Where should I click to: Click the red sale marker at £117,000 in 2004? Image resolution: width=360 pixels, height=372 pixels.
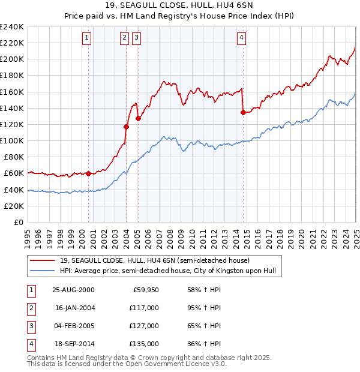127,127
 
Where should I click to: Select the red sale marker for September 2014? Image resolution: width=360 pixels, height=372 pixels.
243,112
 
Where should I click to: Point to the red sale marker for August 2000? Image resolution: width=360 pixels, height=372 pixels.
89,173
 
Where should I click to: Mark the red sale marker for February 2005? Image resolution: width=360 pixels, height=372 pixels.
138,118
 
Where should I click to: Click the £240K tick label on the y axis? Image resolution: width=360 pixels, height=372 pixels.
12,27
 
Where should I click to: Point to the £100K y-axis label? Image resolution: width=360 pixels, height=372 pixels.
12,140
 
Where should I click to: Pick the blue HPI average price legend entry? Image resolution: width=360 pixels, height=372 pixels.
167,271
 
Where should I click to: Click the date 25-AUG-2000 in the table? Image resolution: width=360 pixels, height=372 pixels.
73,289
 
